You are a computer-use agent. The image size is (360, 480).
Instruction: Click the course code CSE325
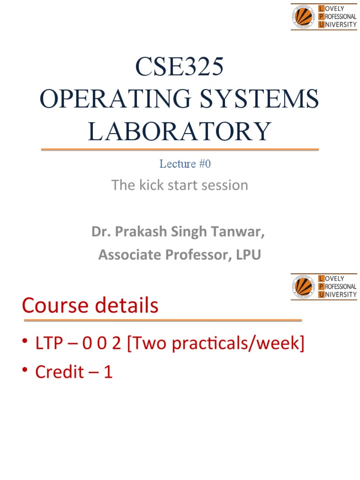[x=180, y=68]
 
